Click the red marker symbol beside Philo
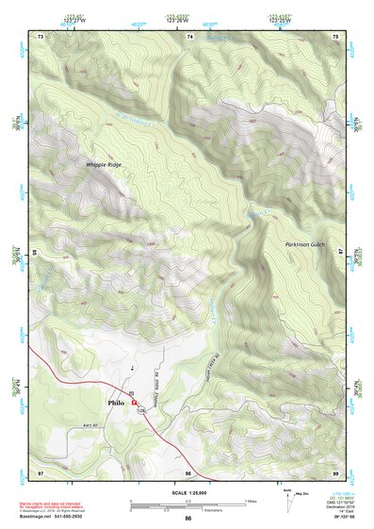135,402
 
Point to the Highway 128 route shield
140,412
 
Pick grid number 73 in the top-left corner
41,36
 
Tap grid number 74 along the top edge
190,36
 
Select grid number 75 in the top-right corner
336,36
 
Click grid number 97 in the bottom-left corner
41,471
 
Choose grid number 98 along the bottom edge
188,471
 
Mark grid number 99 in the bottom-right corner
336,471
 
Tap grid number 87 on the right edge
341,254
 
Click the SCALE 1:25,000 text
187,493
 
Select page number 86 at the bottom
188,520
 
